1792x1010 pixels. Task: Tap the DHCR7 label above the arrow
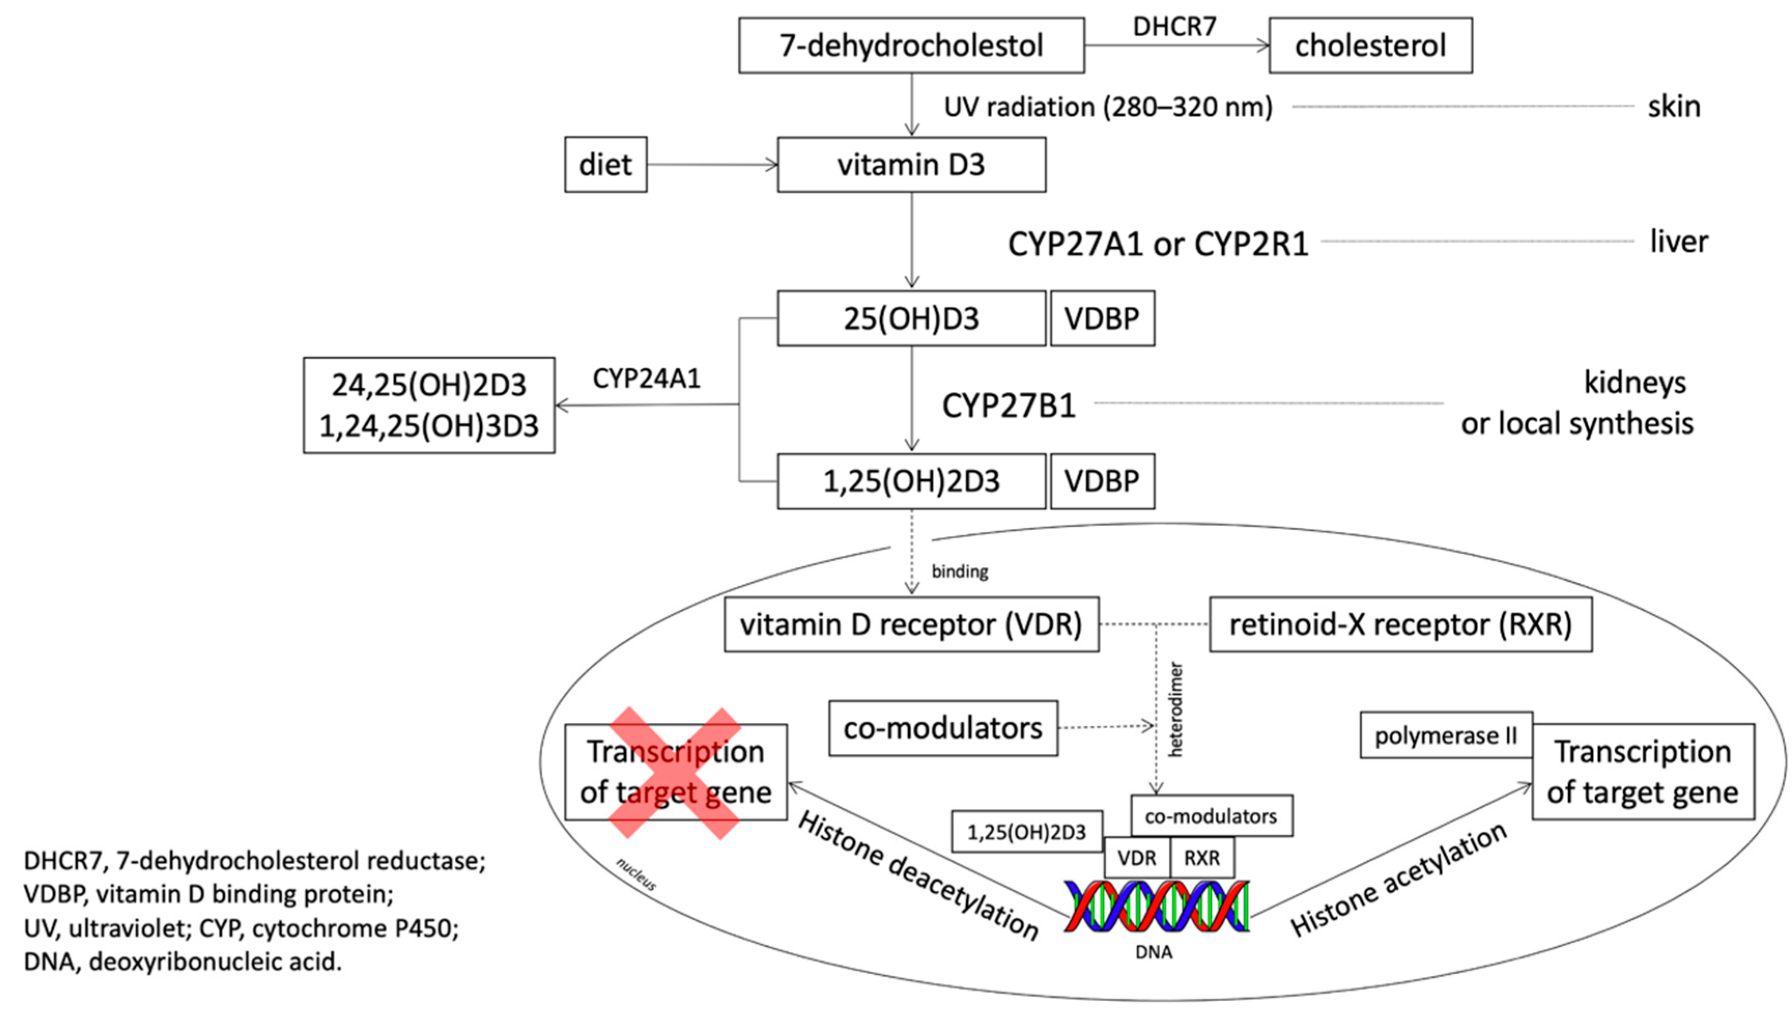pos(1174,26)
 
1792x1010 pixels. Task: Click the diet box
pos(605,165)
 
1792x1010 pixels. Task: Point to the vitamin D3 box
pos(911,165)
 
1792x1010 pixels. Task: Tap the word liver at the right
pos(1679,242)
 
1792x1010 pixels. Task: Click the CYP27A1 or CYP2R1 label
pos(1158,244)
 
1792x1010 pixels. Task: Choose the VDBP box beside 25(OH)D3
pos(1102,319)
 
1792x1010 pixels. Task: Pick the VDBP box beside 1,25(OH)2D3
pos(1102,482)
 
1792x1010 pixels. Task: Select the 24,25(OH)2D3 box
pos(428,405)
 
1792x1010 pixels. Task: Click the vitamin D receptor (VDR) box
pos(911,624)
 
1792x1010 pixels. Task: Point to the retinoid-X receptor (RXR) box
pos(1400,624)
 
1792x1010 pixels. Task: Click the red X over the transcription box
pos(675,773)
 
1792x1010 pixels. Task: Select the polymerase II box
pos(1445,736)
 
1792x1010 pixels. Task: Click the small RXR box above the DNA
pos(1202,858)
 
